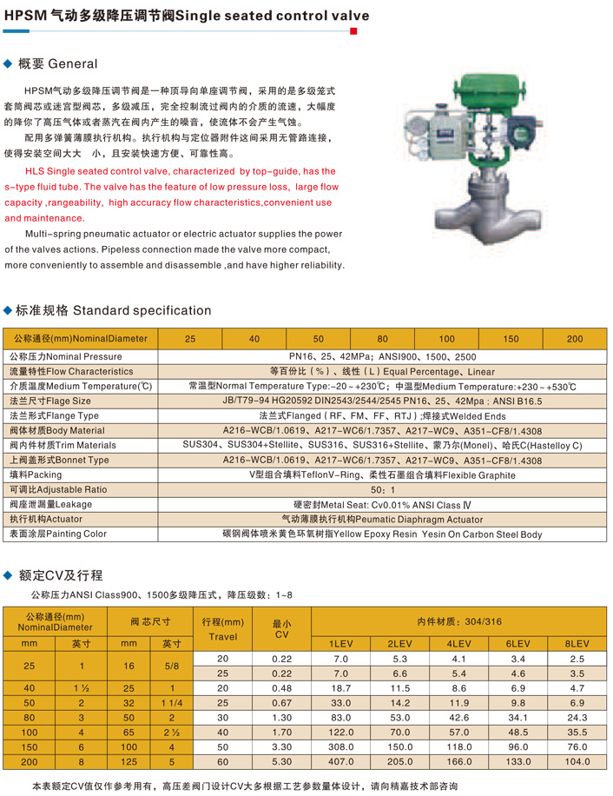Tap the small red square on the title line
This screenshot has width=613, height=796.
click(353, 30)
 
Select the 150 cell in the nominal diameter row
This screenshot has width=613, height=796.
click(511, 338)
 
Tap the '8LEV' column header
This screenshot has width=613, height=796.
click(577, 643)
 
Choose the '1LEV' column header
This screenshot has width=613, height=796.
click(339, 643)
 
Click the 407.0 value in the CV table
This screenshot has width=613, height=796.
click(339, 762)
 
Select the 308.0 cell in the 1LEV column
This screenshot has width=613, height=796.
click(339, 747)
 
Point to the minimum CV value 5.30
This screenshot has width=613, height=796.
click(281, 762)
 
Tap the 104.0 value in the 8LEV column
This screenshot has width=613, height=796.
click(577, 762)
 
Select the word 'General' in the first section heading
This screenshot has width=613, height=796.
click(73, 63)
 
